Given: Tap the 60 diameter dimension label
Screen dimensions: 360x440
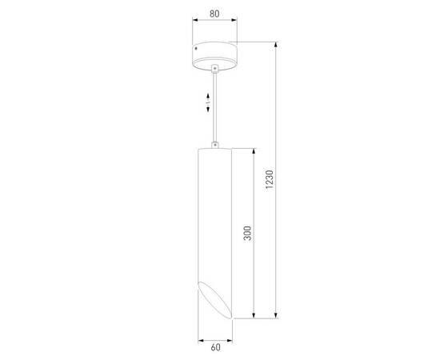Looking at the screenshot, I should [215, 348].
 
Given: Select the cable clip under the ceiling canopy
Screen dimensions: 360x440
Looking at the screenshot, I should [215, 70].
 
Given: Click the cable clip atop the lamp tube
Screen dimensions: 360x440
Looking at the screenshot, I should [215, 144].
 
